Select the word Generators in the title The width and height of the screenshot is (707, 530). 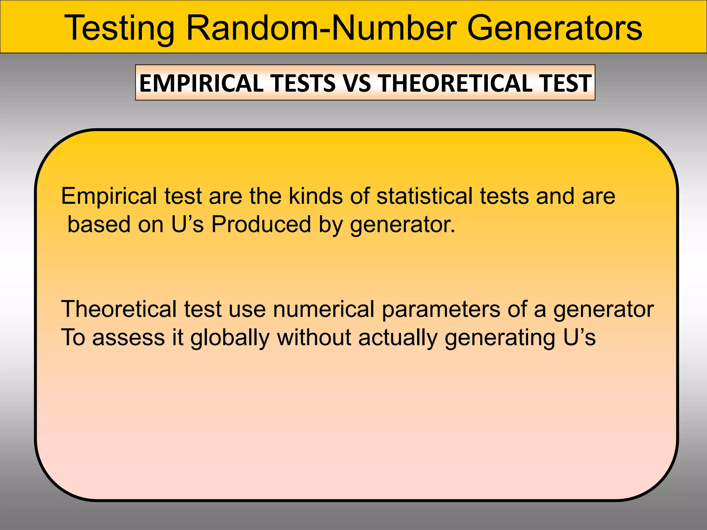pyautogui.click(x=554, y=28)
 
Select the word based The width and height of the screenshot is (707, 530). pyautogui.click(x=99, y=224)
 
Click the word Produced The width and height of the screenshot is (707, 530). pyautogui.click(x=261, y=224)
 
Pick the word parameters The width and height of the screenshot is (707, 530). pyautogui.click(x=441, y=310)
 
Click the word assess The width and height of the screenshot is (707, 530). pyautogui.click(x=128, y=338)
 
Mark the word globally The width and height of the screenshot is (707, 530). pyautogui.click(x=230, y=338)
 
